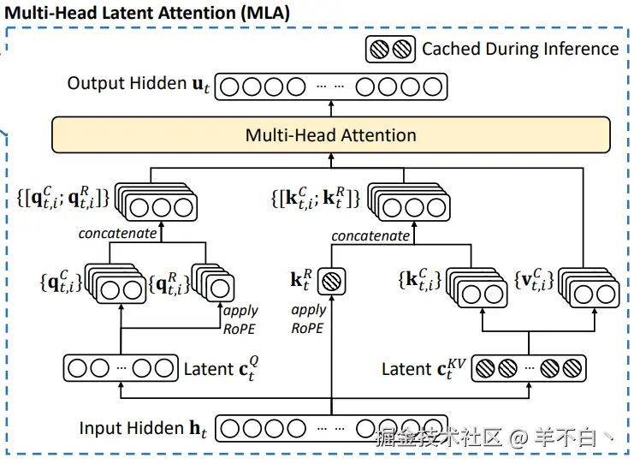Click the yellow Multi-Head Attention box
[x=331, y=135]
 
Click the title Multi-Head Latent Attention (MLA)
[x=147, y=13]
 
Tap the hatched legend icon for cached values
[x=390, y=50]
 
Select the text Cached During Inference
[x=520, y=49]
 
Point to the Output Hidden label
[x=139, y=84]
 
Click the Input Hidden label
[x=143, y=428]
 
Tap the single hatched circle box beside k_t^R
[x=332, y=281]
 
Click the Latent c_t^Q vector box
[x=121, y=368]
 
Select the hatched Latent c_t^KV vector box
[x=529, y=368]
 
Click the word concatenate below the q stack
[x=117, y=234]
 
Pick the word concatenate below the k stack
[x=370, y=235]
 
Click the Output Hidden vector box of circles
[x=331, y=86]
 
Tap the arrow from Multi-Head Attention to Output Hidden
[x=331, y=109]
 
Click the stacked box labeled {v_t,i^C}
[x=589, y=287]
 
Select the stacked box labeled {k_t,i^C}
[x=477, y=287]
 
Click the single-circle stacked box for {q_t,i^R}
[x=213, y=283]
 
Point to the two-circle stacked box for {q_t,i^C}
[x=116, y=283]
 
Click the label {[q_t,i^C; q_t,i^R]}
[x=63, y=198]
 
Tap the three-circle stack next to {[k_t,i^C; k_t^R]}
[x=409, y=202]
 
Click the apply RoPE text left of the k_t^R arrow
[x=308, y=318]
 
